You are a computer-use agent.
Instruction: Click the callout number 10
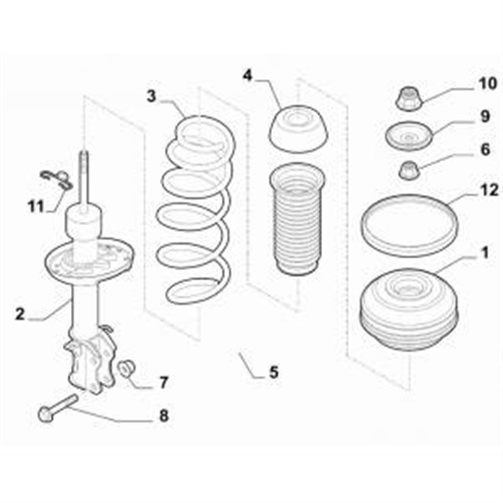tap(487, 84)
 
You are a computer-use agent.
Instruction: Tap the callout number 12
tap(489, 190)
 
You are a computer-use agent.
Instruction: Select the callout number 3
tap(152, 96)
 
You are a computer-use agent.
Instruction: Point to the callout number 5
tap(274, 373)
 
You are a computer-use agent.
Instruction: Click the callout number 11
tap(35, 206)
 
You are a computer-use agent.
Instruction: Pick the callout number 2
tap(20, 314)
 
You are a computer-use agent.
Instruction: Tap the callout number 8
tap(164, 416)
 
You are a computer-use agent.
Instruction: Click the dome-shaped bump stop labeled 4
tap(298, 129)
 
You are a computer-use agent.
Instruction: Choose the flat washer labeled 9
tap(409, 136)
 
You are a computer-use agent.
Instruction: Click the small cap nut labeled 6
tap(409, 171)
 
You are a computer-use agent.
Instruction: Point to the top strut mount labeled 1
tap(409, 310)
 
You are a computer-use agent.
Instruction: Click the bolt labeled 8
tap(58, 408)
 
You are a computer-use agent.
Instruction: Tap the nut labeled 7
tap(127, 369)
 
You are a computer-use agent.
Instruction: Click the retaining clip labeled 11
tap(57, 179)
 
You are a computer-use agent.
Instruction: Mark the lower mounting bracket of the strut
tap(90, 361)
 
